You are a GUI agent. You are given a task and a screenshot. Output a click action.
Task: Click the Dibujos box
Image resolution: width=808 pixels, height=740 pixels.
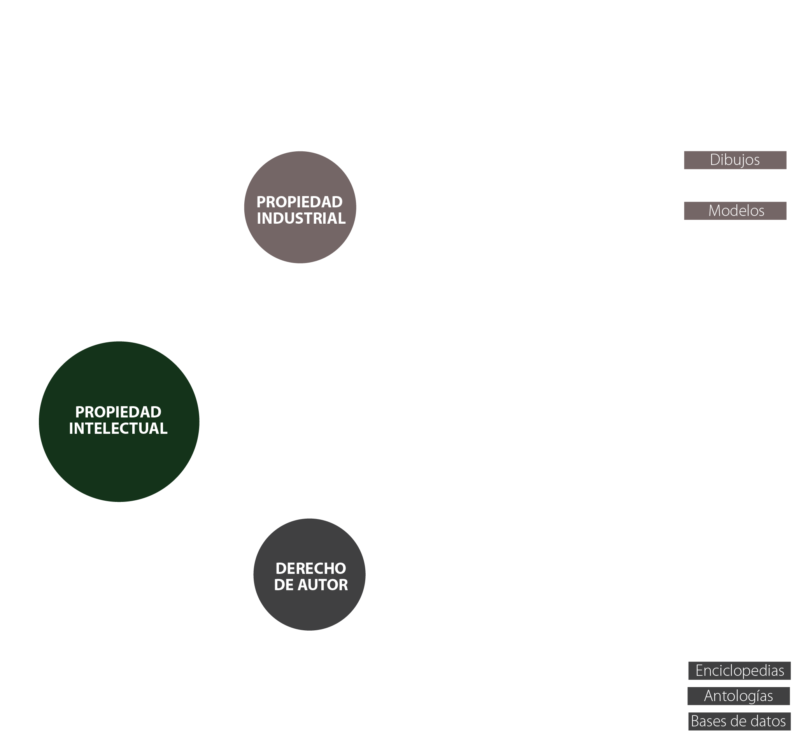(x=734, y=160)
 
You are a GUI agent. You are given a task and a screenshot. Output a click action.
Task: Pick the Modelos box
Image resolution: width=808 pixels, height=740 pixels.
(x=734, y=210)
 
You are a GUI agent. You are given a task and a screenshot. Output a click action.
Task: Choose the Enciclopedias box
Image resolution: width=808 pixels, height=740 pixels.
(x=739, y=671)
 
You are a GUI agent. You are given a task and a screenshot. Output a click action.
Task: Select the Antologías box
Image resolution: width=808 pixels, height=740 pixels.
(x=738, y=696)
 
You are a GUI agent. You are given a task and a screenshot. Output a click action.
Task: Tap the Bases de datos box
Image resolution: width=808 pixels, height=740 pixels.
(x=739, y=722)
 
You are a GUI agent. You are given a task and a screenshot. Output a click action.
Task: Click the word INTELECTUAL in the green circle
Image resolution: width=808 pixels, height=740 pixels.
(x=118, y=428)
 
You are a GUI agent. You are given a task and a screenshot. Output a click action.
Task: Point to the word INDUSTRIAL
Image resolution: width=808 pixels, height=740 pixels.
(x=301, y=219)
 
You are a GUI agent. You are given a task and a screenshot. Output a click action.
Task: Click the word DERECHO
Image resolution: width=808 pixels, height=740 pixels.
(x=310, y=568)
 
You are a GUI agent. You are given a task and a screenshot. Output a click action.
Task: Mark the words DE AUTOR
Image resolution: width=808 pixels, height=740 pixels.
(x=310, y=585)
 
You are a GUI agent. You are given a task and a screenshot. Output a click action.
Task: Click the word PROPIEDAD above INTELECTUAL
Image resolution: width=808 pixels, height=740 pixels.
(x=118, y=412)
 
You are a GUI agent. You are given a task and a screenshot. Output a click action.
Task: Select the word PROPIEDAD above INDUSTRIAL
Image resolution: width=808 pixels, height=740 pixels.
(x=300, y=202)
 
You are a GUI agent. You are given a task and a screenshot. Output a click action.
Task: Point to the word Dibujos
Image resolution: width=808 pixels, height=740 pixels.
(x=734, y=160)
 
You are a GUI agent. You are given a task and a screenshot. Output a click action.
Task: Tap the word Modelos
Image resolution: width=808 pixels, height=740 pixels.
(x=736, y=211)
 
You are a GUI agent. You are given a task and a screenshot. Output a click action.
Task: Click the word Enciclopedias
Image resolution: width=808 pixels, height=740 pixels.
(x=740, y=671)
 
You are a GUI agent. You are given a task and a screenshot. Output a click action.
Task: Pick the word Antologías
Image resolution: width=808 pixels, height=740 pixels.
(x=738, y=696)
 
